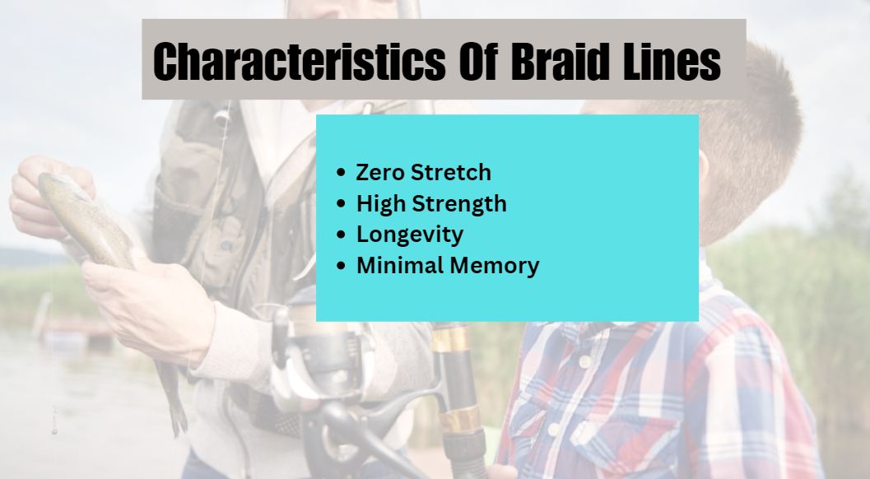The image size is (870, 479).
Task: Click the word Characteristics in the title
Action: coord(299,61)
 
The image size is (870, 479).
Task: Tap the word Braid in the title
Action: coord(558,61)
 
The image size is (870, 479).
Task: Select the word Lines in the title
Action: coord(672,61)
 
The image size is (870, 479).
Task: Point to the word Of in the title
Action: coord(477,61)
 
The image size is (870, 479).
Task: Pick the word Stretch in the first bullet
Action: coord(450,173)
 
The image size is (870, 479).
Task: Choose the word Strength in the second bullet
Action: coord(458,204)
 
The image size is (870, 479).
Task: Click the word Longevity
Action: coord(409,235)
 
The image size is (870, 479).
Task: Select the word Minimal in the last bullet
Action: coord(399,265)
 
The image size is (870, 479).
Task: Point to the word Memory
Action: coord(495,266)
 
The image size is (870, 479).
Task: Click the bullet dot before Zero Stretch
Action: coord(342,173)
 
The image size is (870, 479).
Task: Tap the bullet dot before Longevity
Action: coord(342,235)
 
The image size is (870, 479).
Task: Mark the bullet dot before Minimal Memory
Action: coord(342,266)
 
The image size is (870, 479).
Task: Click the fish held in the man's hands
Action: coord(89,222)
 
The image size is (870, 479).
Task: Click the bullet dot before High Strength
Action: coord(342,204)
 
